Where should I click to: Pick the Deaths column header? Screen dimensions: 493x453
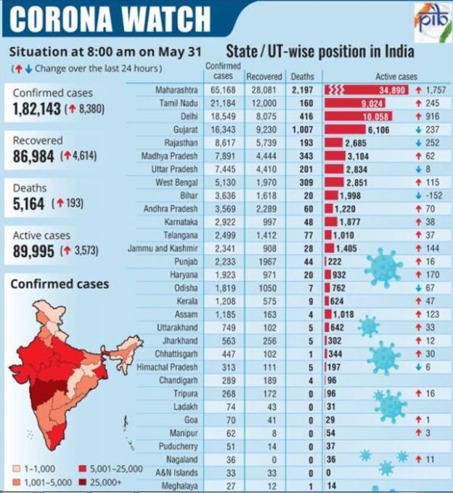[303, 76]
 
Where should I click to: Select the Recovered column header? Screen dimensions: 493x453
[264, 76]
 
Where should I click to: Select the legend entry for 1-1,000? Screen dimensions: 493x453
[31, 468]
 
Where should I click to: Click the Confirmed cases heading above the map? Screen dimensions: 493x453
[60, 284]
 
